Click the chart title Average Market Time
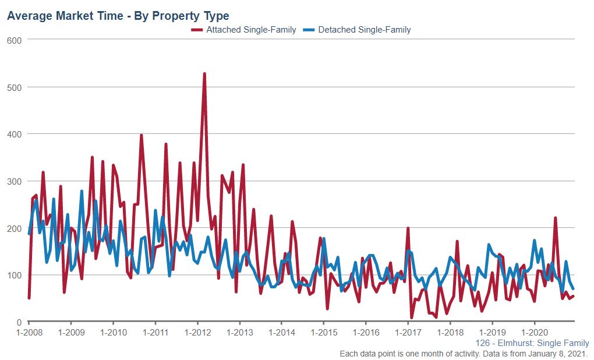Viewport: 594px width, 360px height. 118,16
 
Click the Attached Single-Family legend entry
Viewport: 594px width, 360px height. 251,30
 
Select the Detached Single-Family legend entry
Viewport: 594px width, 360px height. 364,30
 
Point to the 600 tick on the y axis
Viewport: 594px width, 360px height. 14,40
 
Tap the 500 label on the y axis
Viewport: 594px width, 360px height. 14,87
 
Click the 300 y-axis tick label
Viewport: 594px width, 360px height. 14,181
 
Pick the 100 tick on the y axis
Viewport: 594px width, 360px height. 14,275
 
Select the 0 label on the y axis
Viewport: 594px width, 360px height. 19,322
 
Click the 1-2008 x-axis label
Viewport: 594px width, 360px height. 29,333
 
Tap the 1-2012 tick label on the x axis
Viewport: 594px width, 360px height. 197,333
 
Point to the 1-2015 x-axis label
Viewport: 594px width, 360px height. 324,333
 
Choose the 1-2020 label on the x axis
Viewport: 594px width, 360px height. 535,333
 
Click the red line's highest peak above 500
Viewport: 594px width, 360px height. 204,74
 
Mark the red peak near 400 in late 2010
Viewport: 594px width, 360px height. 142,135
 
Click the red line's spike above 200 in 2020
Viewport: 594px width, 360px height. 556,218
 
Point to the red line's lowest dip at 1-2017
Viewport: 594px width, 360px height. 412,317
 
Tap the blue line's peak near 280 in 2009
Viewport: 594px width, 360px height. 82,191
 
